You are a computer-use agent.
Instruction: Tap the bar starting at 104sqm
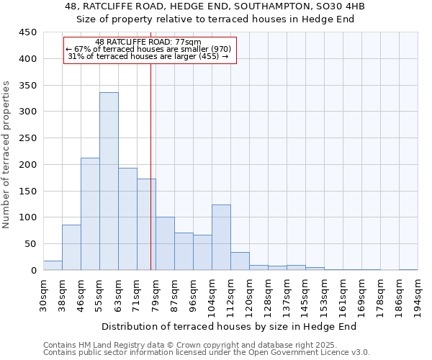(221, 238)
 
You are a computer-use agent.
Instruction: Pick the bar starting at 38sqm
(71, 248)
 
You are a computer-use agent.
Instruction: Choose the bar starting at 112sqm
(240, 261)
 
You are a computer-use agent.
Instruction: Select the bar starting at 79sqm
(165, 243)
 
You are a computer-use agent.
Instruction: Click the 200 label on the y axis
(28, 165)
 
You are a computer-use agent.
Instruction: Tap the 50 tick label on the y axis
(30, 244)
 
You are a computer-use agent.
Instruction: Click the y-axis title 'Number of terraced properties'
(7, 155)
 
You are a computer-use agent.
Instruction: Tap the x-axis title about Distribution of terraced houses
(234, 326)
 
